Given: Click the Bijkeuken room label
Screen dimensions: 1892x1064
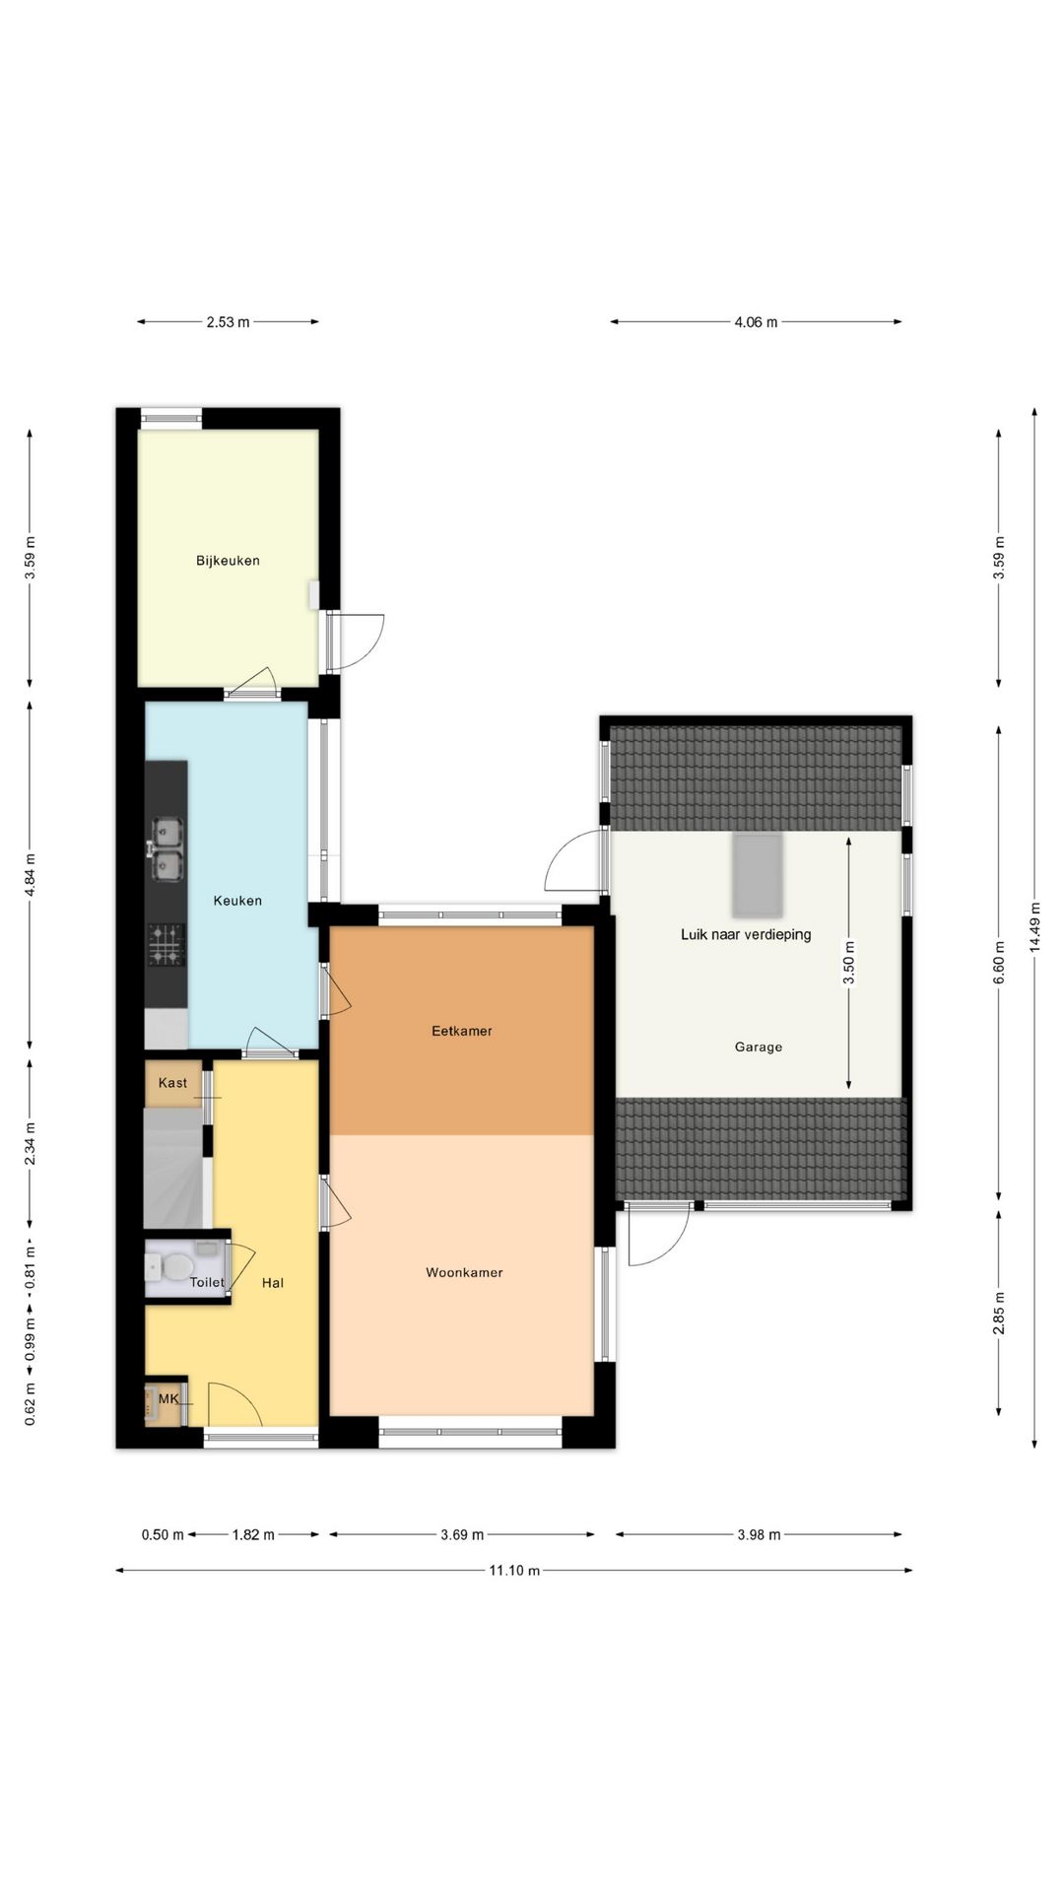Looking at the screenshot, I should [x=228, y=561].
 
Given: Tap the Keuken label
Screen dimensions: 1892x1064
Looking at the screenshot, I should [x=237, y=900].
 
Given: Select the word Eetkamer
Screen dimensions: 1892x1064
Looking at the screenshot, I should [x=461, y=1031].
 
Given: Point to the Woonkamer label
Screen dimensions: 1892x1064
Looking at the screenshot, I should [x=464, y=1272].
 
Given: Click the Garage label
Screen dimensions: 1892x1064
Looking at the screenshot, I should [x=758, y=1047].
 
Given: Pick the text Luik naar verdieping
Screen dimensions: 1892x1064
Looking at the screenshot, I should [x=746, y=934].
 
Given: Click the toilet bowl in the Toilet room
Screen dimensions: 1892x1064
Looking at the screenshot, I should [x=176, y=1266].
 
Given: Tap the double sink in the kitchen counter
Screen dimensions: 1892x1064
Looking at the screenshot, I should [x=166, y=848].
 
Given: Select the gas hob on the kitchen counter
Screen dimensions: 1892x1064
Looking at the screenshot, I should [x=166, y=943].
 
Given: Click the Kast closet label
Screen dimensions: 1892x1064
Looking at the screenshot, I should [x=172, y=1082].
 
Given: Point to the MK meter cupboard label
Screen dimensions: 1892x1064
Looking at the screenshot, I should [x=168, y=1398].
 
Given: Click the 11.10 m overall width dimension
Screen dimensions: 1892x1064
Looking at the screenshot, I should [x=514, y=1570].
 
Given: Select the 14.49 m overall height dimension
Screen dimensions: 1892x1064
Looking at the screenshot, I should [x=1033, y=926].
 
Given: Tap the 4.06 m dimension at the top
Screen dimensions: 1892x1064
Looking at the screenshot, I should [x=756, y=322].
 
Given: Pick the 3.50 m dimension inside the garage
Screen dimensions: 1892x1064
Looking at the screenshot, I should [x=849, y=963].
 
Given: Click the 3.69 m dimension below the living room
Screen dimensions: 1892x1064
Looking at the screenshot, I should [x=462, y=1534].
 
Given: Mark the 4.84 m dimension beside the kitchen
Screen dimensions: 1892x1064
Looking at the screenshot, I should [x=30, y=874].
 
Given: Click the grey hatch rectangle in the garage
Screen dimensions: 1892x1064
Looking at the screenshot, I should [x=757, y=874].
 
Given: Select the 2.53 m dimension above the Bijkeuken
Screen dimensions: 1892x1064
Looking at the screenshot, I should [x=228, y=322].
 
